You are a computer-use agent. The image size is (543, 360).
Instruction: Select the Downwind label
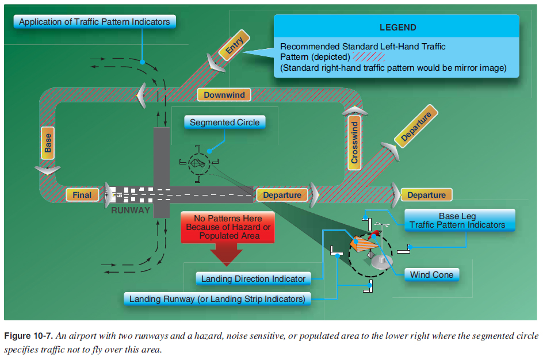[x=224, y=95]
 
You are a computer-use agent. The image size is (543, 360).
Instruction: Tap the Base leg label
[x=48, y=143]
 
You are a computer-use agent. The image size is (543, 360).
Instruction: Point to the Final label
[x=82, y=195]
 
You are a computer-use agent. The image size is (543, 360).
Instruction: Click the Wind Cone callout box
[x=431, y=275]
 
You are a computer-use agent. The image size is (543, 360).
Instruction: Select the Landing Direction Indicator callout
[x=253, y=279]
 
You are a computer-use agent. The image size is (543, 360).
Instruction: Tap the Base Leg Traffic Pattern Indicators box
[x=457, y=221]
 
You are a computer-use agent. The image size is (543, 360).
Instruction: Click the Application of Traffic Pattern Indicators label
[x=94, y=22]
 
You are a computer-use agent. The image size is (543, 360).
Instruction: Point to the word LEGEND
[x=397, y=28]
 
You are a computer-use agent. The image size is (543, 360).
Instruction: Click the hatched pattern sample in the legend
[x=369, y=57]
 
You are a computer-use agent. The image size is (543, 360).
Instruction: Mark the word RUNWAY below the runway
[x=131, y=210]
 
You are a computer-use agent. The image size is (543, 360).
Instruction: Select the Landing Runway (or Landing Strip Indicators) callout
[x=217, y=299]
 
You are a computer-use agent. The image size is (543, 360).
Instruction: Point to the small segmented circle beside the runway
[x=199, y=163]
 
